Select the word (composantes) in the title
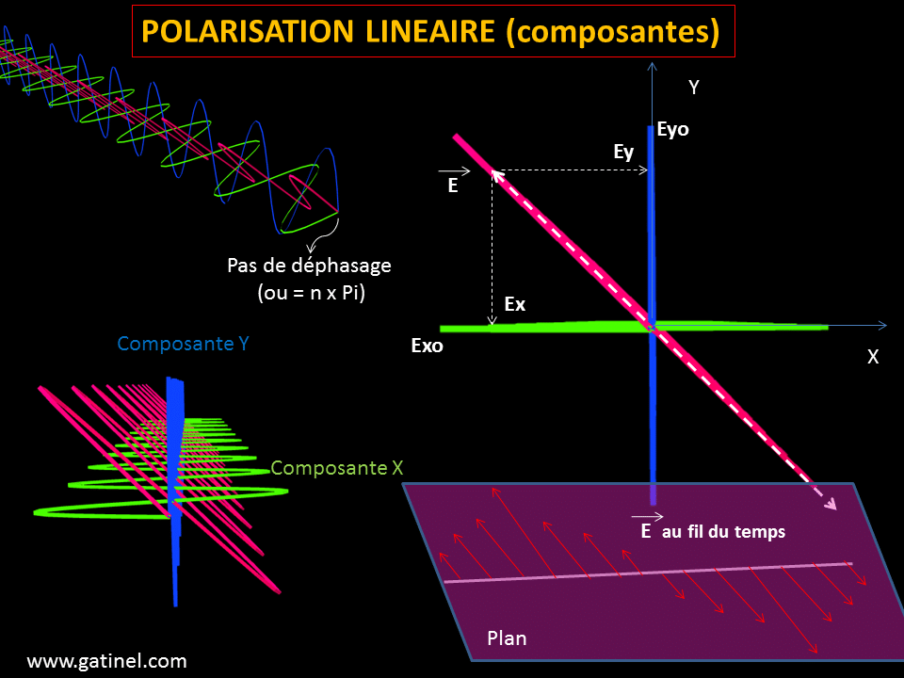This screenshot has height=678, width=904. click(x=612, y=31)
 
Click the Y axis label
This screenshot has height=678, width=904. click(x=694, y=88)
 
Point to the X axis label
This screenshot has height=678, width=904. click(x=873, y=357)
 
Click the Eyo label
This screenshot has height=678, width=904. click(x=673, y=129)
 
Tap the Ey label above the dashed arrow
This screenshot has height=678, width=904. click(x=623, y=152)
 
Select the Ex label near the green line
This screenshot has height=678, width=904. click(x=515, y=304)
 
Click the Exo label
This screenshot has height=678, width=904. click(x=428, y=346)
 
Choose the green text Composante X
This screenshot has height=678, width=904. click(x=331, y=467)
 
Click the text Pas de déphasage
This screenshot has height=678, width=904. click(x=310, y=266)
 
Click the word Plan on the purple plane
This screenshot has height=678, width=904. click(x=507, y=638)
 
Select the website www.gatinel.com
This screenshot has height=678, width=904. click(x=106, y=661)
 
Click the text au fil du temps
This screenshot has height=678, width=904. click(x=723, y=532)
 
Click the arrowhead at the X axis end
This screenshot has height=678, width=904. click(x=882, y=326)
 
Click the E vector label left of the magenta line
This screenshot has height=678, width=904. click(x=453, y=186)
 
